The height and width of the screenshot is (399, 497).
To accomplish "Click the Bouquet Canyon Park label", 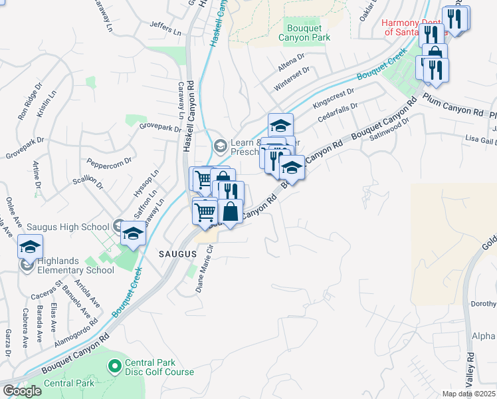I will [308, 33].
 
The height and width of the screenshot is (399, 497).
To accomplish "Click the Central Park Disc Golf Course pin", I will [115, 366].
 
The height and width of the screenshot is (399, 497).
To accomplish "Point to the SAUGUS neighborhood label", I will [177, 254].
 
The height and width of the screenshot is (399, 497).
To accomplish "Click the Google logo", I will [22, 390].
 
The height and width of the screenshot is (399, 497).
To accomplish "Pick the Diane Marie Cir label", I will [204, 269].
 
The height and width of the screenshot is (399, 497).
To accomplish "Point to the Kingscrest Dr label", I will [334, 98].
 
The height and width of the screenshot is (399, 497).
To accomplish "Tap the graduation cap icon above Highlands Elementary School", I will [30, 246].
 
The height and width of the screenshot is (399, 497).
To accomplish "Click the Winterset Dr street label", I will [291, 78].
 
